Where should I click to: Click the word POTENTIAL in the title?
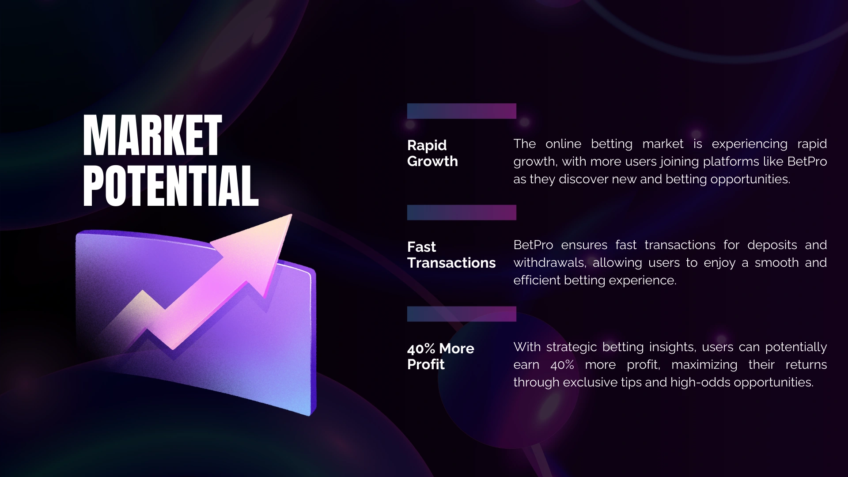(x=170, y=186)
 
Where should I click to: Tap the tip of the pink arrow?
(x=291, y=215)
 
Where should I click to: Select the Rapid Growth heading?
(x=432, y=153)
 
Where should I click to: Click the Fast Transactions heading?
(x=451, y=254)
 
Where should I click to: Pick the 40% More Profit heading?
(x=440, y=356)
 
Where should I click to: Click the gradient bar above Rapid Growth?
(x=462, y=111)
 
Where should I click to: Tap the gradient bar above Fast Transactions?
(x=462, y=212)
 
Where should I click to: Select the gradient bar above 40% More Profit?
(x=462, y=314)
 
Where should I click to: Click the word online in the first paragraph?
(x=563, y=144)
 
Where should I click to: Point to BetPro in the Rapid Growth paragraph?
(x=807, y=162)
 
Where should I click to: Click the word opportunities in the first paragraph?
(x=750, y=180)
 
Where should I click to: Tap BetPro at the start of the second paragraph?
(x=533, y=245)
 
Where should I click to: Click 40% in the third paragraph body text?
(x=562, y=365)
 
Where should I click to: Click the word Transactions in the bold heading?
(x=451, y=263)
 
